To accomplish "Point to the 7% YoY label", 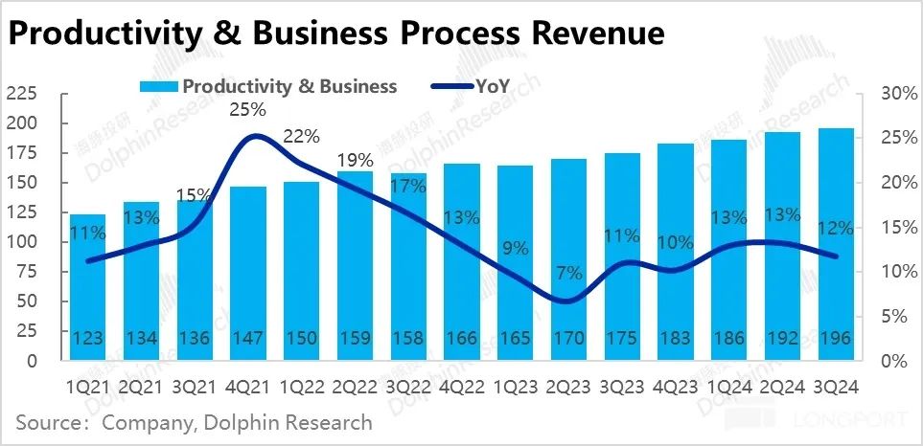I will point(568,273).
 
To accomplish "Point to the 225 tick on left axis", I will point(21,94).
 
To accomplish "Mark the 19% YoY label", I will point(355,159).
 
